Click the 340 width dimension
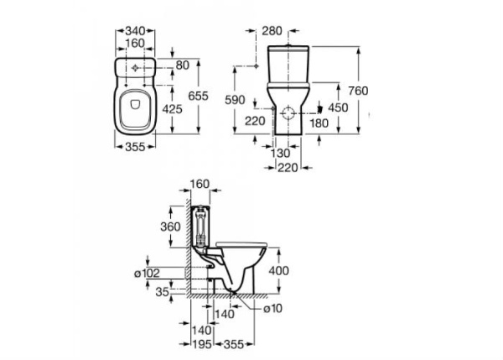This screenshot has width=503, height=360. tap(135, 30)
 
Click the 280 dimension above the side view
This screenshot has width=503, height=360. tap(272, 31)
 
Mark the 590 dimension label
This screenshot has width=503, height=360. tap(236, 100)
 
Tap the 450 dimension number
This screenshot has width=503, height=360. tap(337, 108)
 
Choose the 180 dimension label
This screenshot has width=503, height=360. tap(319, 123)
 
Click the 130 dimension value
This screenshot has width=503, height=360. tap(283, 154)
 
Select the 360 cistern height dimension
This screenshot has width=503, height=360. tap(170, 227)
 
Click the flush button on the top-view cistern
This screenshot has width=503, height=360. tap(135, 65)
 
